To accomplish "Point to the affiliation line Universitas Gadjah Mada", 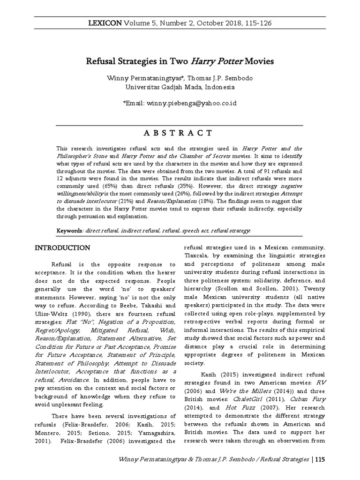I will (180, 87).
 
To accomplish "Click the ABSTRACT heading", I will (180, 133).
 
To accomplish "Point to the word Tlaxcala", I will (195, 255).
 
